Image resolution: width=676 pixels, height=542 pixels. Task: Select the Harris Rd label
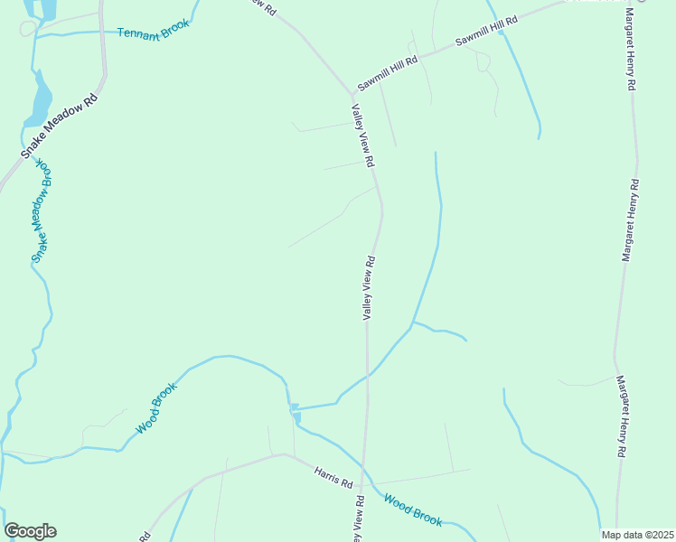point(333,477)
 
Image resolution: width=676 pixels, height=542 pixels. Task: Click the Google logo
point(30,531)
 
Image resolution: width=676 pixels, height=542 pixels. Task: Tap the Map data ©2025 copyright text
point(636,535)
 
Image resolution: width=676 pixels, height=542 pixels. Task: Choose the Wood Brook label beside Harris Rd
point(412,509)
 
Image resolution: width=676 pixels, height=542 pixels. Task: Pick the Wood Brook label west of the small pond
point(156,407)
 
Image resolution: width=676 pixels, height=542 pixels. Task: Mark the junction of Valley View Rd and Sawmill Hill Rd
point(352,93)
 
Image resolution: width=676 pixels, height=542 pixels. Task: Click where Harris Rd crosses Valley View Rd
point(363,483)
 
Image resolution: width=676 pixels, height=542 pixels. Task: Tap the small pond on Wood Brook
point(295,414)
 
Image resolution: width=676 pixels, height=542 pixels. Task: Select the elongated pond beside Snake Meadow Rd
point(41,99)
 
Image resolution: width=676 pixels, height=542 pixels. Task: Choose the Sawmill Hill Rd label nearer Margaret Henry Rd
point(485,32)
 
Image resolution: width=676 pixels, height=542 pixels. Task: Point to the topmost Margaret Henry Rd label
point(631,50)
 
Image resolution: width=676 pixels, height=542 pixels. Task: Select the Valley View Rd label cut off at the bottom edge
point(358,519)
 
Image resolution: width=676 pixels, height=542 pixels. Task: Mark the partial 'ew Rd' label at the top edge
point(262,5)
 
